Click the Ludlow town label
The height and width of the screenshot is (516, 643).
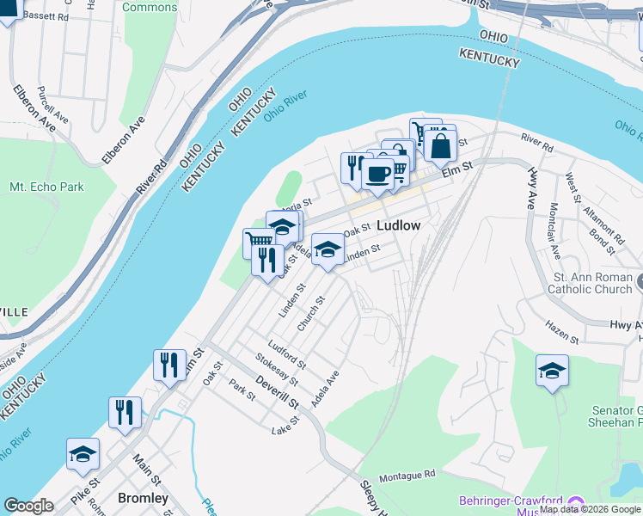[x=399, y=225]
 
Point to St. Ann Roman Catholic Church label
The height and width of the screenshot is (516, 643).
[x=593, y=284]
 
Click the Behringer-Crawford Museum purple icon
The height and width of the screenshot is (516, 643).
[x=575, y=501]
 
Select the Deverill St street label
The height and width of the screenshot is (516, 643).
[x=276, y=390]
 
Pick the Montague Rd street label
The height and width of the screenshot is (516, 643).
[x=407, y=475]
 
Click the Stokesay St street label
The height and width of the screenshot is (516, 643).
[x=276, y=369]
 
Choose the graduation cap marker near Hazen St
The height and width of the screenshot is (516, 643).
[x=553, y=371]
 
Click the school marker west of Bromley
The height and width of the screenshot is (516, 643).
[x=83, y=454]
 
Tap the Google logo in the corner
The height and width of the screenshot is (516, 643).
[x=28, y=506]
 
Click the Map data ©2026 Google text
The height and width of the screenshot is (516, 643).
[x=590, y=509]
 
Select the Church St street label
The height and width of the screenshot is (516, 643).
[x=309, y=314]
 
